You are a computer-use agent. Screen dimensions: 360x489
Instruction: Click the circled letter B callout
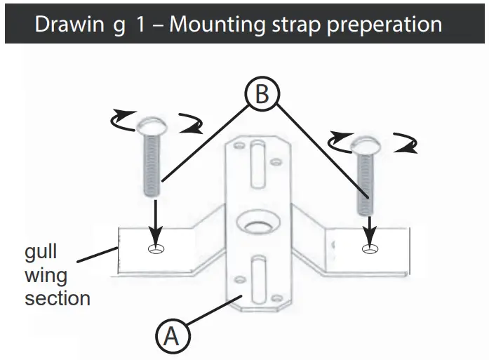pos(261,95)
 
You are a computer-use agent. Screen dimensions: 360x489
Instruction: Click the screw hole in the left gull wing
pos(156,249)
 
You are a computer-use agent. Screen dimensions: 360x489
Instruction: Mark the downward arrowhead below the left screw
pos(155,239)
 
